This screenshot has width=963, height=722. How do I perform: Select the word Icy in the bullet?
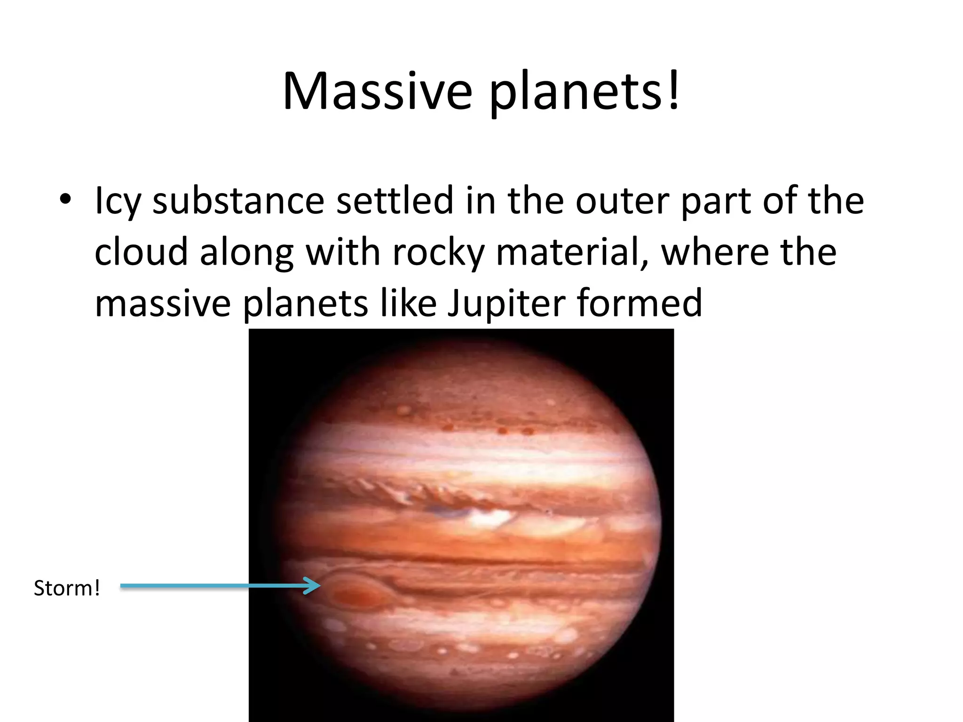coord(118,201)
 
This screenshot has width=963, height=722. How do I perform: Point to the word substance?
coord(238,201)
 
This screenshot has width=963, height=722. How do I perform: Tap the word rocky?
coord(438,253)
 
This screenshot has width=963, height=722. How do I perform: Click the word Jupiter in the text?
coord(506,304)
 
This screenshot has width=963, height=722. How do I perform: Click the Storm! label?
coord(67,588)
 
